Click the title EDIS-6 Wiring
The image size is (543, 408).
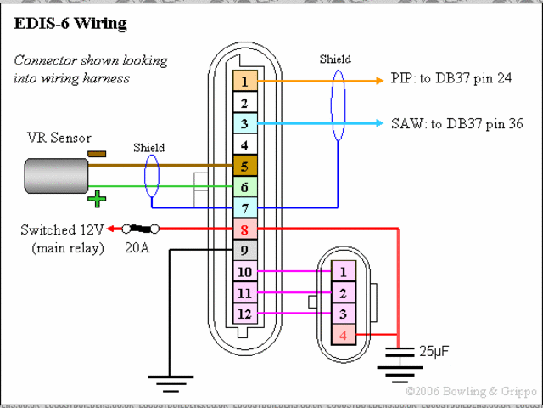coord(70,24)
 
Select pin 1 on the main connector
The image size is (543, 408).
coord(244,82)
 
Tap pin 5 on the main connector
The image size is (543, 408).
coord(244,167)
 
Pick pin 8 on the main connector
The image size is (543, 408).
coord(244,229)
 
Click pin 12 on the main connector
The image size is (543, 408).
coord(244,314)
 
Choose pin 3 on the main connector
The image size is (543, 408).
coord(244,124)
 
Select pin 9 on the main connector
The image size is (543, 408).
coord(244,251)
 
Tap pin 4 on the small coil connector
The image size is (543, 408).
coord(342,335)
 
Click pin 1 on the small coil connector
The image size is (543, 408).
coord(342,272)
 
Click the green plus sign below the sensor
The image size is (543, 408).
coord(98,200)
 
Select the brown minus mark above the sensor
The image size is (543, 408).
coord(97,154)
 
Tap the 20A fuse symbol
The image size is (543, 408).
coord(141,229)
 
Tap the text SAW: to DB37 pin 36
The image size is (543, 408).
coord(456,124)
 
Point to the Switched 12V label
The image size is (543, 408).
coord(61,230)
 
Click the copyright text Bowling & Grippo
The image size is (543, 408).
coord(470,392)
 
